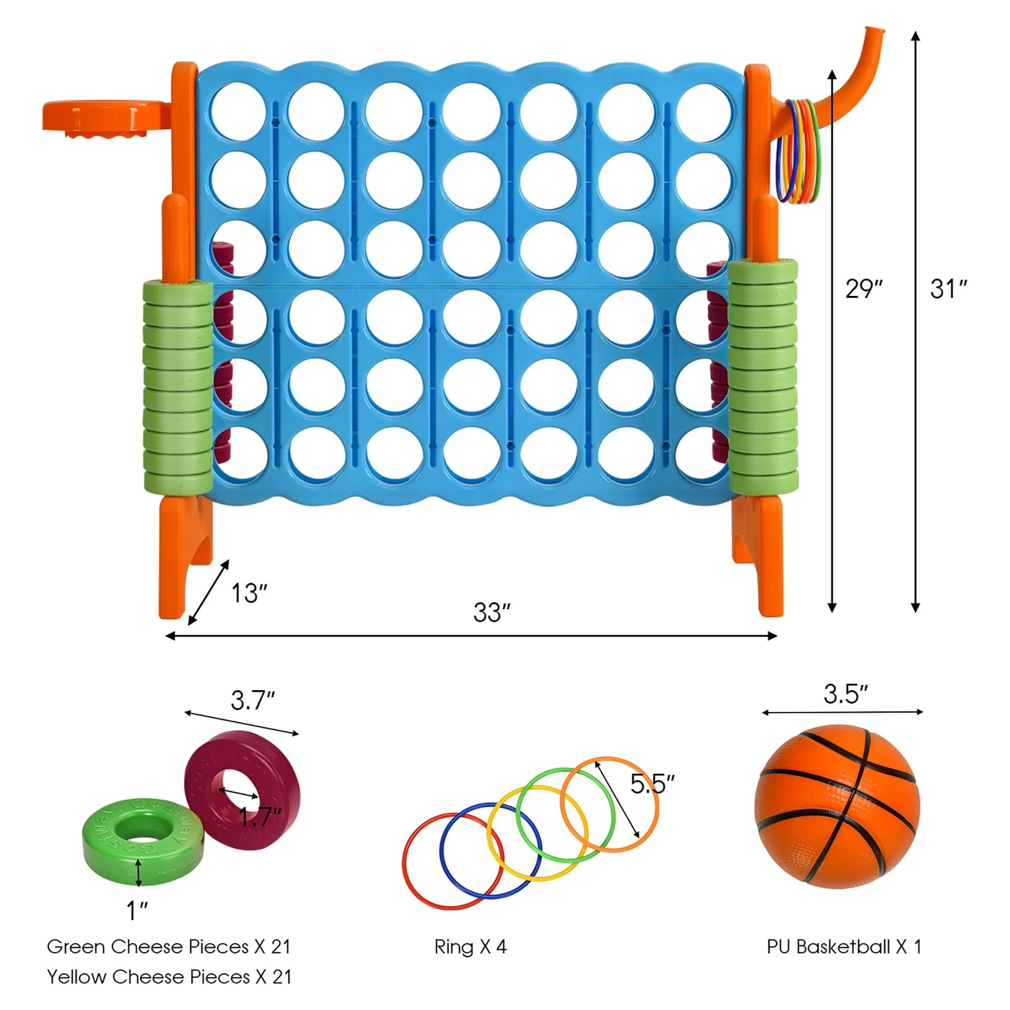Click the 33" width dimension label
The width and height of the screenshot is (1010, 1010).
491,612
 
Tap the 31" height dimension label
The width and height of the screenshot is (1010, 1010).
948,288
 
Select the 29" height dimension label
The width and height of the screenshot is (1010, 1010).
864,288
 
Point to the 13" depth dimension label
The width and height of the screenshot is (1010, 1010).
249,593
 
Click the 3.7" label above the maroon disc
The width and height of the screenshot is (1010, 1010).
252,700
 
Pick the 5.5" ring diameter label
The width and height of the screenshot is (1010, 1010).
652,784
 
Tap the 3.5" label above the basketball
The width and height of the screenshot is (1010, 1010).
845,694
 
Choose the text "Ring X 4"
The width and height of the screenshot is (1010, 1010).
471,947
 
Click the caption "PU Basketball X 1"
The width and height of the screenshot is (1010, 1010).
844,947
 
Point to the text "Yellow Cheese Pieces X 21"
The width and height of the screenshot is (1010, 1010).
169,977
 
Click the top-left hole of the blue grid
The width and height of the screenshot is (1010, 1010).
239,111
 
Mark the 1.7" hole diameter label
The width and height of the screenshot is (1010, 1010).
260,816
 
